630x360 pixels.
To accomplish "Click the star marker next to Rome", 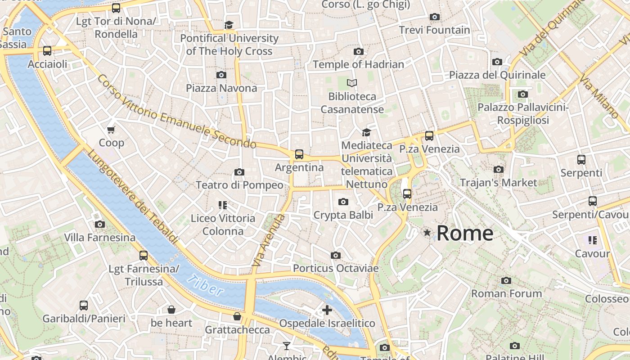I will tap(427, 233).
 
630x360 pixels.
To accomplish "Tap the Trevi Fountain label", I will tap(434, 30).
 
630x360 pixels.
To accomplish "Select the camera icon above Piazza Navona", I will tap(221, 75).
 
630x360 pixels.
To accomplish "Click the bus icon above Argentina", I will tap(299, 154).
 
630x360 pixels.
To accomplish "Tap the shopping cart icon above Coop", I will tap(111, 130).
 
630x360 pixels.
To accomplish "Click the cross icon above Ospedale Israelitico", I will tap(327, 310).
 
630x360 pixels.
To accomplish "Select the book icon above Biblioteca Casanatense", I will tap(352, 83).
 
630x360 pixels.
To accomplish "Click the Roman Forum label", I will tap(506, 293).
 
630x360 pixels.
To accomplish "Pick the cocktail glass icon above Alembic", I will tap(286, 346).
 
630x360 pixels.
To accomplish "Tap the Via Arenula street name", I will tap(269, 241).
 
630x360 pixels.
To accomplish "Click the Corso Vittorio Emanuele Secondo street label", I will tap(176, 112).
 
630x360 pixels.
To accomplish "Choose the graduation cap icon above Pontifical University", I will tap(229, 25).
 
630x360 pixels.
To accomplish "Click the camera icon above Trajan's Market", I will tap(498, 170).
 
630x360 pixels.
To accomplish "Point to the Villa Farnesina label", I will tap(99, 237).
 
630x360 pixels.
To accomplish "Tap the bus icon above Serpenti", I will tap(581, 160).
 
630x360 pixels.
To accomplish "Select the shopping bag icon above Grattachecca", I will tap(237, 317).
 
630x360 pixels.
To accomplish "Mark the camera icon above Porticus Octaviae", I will tap(335, 256).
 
